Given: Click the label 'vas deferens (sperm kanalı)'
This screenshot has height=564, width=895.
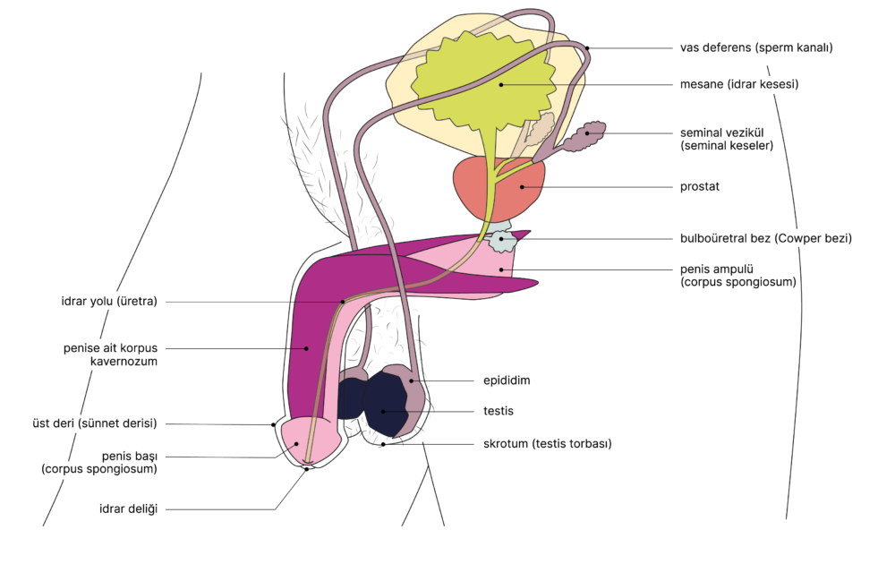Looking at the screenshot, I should pos(756,47).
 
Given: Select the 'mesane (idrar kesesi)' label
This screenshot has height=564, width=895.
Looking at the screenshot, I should pos(738,85).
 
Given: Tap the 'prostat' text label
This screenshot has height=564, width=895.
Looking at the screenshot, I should pos(700,187).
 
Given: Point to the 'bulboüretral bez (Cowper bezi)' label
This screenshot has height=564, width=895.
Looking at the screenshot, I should pos(765,239).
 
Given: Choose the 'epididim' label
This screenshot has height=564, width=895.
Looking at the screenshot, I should pos(507,380).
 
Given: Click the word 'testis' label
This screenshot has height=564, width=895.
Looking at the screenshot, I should pos(499,411).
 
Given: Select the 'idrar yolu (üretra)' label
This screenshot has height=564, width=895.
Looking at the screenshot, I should pos(103,302).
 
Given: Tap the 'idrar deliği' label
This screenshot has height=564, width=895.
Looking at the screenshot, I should pos(128,509).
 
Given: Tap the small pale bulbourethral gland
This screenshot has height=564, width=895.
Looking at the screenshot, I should pos(503,240).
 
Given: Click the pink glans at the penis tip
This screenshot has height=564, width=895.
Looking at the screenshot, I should pos(304,439).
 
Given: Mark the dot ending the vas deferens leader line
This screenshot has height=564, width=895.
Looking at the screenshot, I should pos(588,47).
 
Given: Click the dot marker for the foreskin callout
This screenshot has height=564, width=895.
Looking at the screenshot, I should pos(273,424).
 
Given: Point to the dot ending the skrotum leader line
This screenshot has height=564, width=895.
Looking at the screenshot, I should pos(383,443).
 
